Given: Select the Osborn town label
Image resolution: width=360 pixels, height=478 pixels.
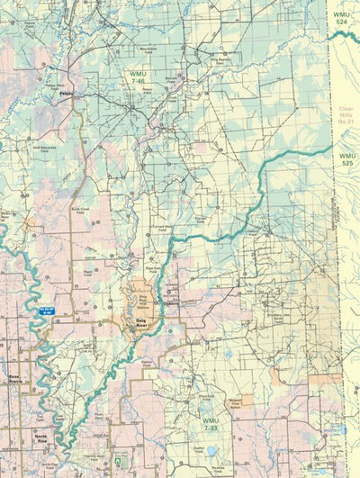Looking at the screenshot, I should [x=174, y=304].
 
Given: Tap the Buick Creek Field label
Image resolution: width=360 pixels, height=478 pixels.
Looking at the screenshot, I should [x=79, y=212].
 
